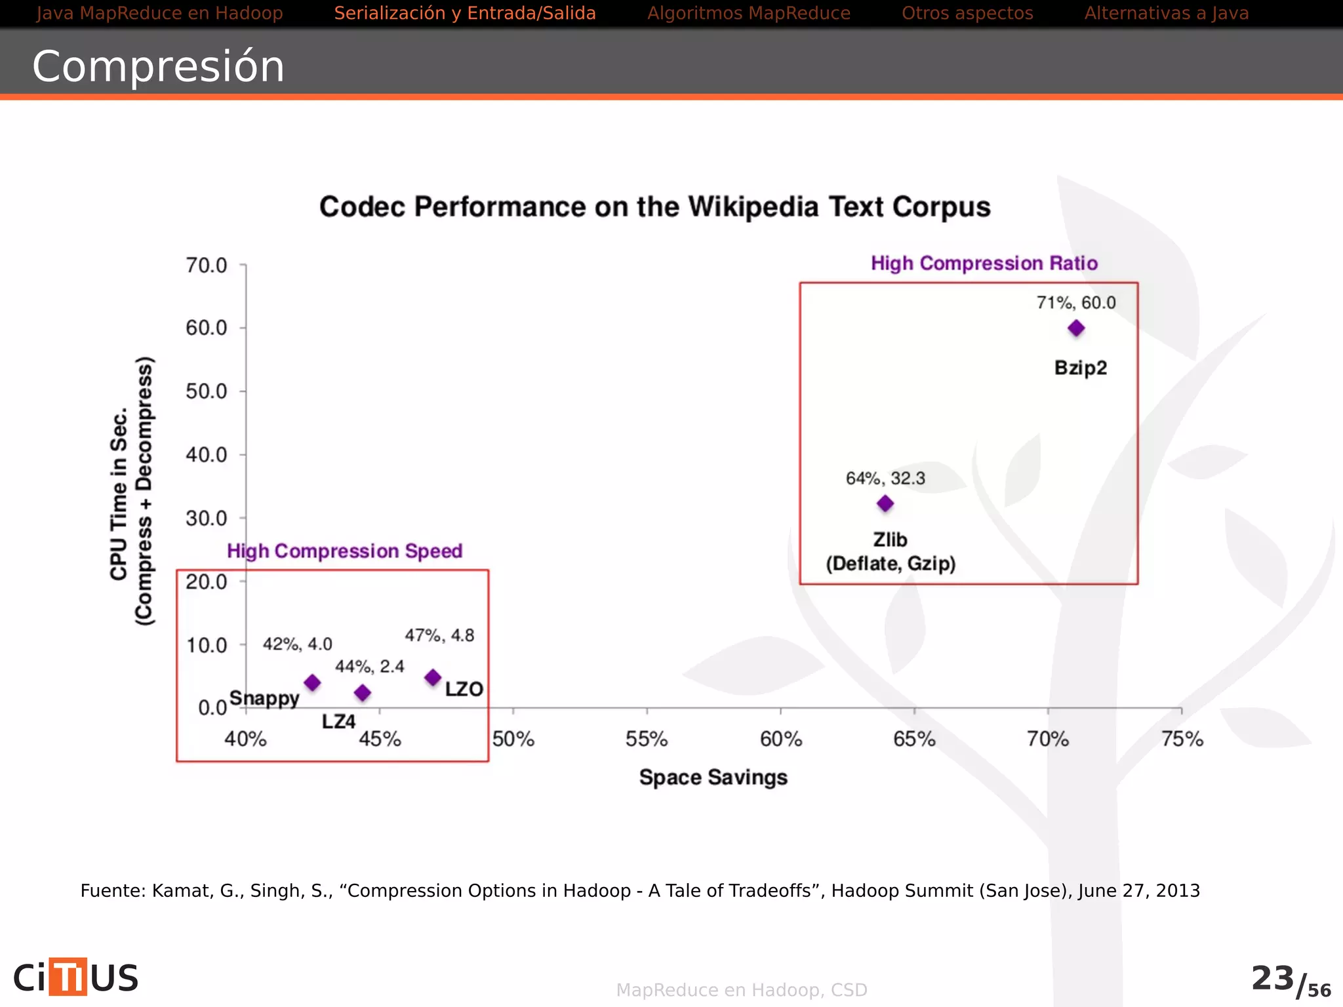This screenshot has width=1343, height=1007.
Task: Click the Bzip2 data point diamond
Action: click(x=1076, y=328)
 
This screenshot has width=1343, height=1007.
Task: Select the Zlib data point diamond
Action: click(x=885, y=503)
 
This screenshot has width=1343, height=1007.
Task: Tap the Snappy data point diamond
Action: click(x=313, y=682)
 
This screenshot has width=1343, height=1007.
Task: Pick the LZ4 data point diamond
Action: click(x=363, y=692)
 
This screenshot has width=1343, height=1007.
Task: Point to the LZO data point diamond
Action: click(x=433, y=677)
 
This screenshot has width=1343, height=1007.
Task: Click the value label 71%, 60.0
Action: click(x=1075, y=303)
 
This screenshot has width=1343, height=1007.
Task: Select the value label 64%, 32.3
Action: click(x=885, y=479)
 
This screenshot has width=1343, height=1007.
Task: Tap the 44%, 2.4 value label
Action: click(x=369, y=667)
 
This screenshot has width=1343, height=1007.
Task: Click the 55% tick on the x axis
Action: click(x=647, y=740)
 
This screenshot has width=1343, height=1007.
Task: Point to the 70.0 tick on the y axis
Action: click(x=207, y=266)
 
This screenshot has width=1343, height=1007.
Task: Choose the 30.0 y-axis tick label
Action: click(x=207, y=519)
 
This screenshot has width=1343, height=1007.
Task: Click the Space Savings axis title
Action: click(x=713, y=778)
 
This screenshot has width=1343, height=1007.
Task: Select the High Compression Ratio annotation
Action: click(x=984, y=264)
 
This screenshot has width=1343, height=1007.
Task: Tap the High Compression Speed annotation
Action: click(x=344, y=551)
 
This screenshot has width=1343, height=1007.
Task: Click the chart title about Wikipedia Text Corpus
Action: click(x=654, y=207)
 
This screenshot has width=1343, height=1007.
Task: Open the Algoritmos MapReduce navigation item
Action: click(x=748, y=13)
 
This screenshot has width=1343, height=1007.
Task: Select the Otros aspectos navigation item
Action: click(x=967, y=13)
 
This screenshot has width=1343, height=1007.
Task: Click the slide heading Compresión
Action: click(x=158, y=66)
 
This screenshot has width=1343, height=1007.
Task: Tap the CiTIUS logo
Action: click(x=76, y=977)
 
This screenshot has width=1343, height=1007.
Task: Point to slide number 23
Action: click(x=1272, y=978)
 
